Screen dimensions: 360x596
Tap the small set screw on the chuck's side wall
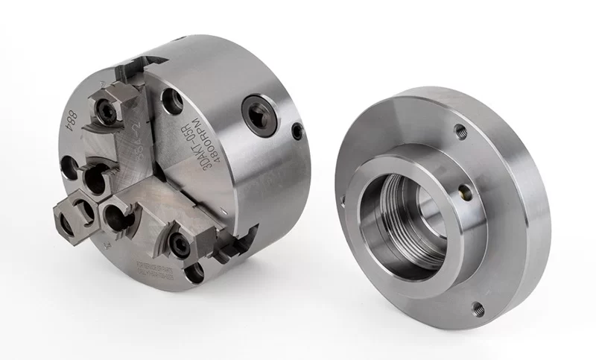tap(297, 132)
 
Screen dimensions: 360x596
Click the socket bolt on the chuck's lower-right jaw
tap(180, 244)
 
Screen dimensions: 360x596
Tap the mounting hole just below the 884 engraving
tap(69, 168)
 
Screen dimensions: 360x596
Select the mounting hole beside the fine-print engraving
tap(194, 274)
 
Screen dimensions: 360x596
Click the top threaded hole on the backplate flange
tap(460, 132)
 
